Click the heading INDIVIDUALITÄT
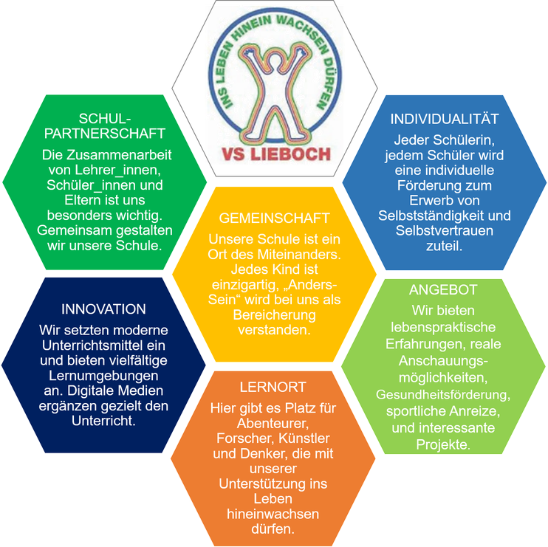[x=445, y=119]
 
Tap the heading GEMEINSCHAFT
[x=275, y=219]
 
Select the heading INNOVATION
[x=103, y=309]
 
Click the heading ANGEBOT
[x=443, y=290]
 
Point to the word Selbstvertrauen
[x=445, y=231]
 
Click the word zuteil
[x=445, y=247]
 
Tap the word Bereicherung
[x=274, y=316]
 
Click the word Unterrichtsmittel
[x=104, y=344]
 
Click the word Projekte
[x=442, y=444]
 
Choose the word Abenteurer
[x=274, y=424]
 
